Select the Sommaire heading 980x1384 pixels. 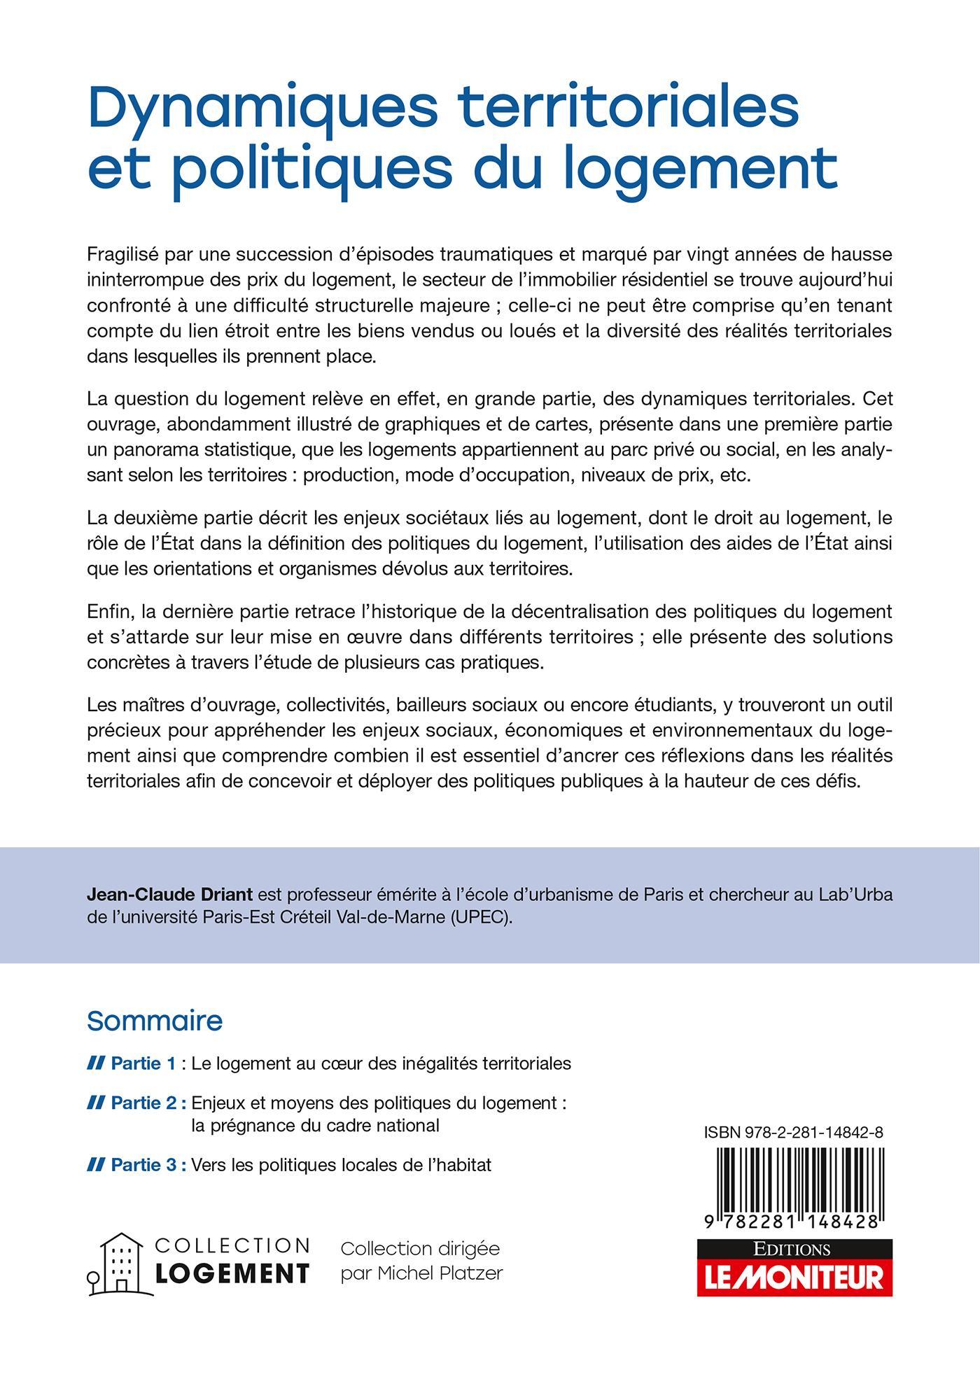pyautogui.click(x=155, y=1021)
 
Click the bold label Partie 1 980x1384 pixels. pyautogui.click(x=143, y=1063)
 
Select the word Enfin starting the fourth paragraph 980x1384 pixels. pyautogui.click(x=110, y=612)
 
